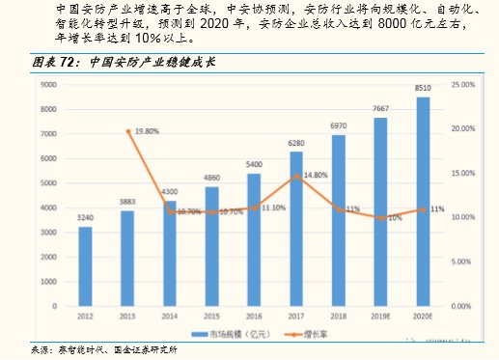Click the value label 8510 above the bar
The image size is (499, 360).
click(423, 88)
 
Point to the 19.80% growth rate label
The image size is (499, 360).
click(147, 130)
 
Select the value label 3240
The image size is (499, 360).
click(85, 218)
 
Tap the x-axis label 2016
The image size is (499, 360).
click(254, 316)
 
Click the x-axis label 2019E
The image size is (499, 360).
click(380, 316)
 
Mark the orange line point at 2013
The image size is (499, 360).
click(127, 131)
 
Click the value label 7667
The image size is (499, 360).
click(380, 109)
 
